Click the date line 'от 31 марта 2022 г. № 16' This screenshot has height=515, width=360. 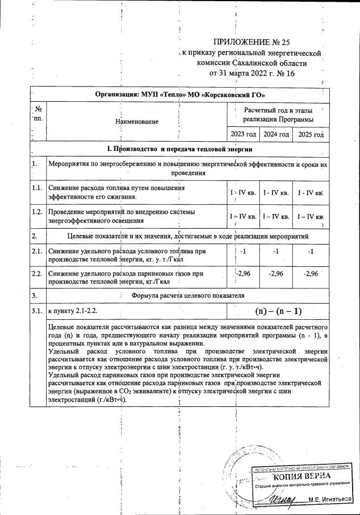[x=251, y=73]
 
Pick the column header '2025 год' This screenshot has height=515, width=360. [x=310, y=135]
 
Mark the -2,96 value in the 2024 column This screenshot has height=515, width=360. [x=275, y=274]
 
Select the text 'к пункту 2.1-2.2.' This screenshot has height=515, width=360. [x=76, y=311]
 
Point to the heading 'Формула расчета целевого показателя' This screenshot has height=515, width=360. [x=188, y=295]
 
